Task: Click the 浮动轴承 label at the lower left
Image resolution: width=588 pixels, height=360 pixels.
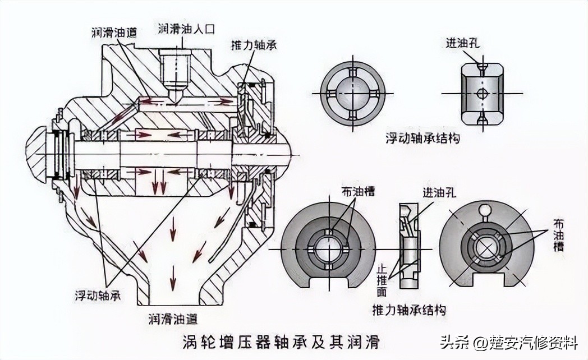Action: [98, 294]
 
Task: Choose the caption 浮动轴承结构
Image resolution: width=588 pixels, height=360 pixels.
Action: [423, 138]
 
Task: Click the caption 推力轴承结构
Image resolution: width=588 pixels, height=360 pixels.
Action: [409, 310]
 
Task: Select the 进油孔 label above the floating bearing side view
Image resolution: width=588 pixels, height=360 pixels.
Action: [463, 43]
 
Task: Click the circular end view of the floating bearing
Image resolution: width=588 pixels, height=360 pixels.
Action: [352, 93]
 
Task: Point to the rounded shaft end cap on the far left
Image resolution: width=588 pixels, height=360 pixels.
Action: [38, 154]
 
